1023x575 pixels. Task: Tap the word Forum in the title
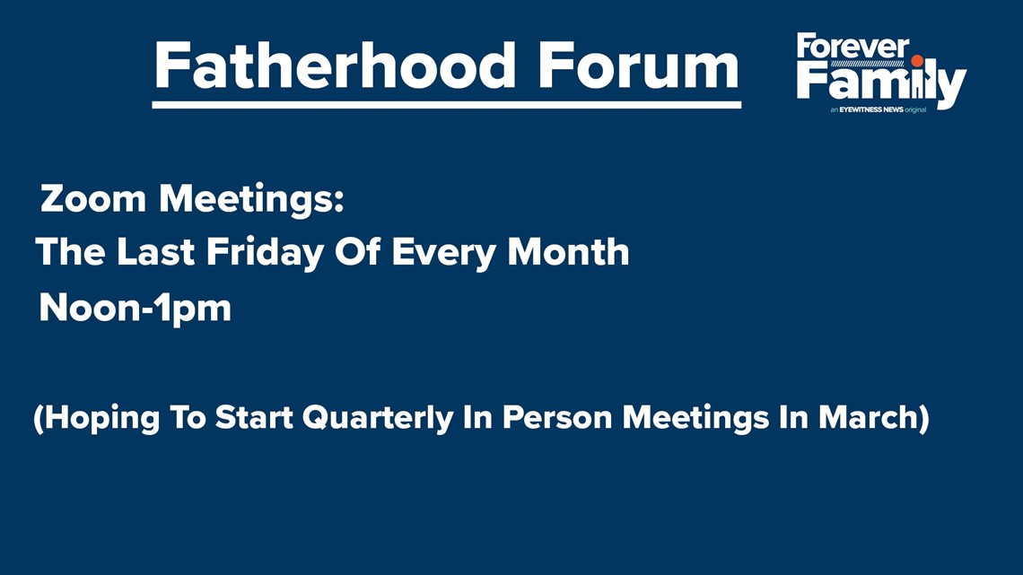coord(638,65)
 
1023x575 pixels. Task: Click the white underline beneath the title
coord(446,104)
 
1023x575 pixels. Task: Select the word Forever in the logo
coord(852,47)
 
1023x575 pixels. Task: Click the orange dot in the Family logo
coord(916,61)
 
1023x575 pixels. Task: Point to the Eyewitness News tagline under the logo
coord(879,109)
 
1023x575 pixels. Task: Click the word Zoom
coord(93,198)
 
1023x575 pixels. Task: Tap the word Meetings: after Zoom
coord(252,199)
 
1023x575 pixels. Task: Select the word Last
coord(155,252)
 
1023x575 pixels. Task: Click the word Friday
coord(265,253)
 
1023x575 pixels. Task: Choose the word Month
coord(568,252)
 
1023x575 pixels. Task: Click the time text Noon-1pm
coord(136,308)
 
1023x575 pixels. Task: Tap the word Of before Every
coord(357,252)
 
